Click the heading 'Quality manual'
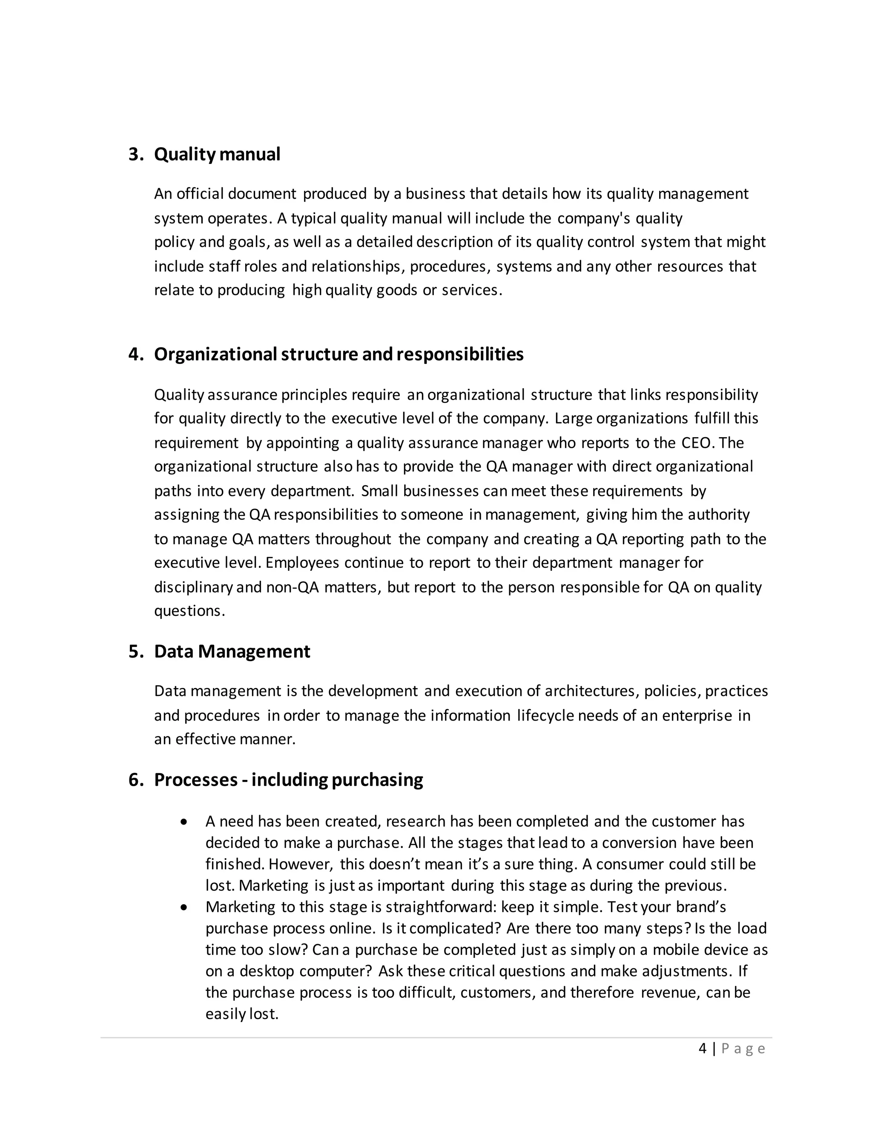click(x=217, y=154)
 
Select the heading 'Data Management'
click(x=232, y=651)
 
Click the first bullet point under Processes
click(x=184, y=822)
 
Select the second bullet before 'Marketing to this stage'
click(x=184, y=907)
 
